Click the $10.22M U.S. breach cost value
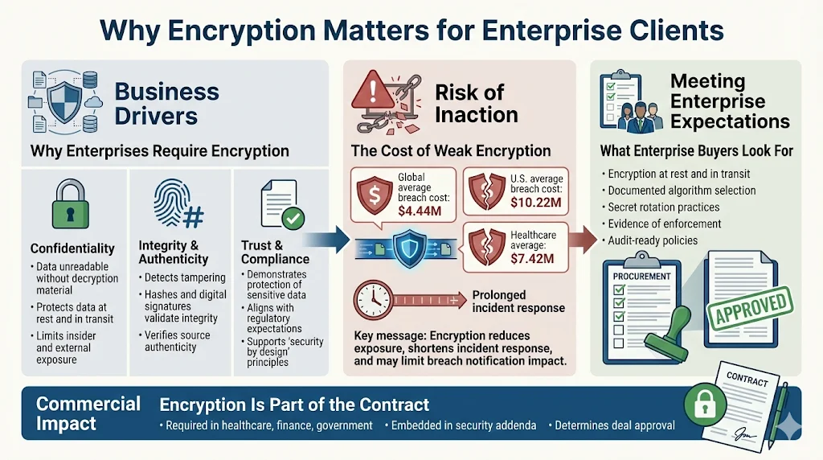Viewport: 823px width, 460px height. click(536, 202)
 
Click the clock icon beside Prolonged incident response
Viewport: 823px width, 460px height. click(374, 299)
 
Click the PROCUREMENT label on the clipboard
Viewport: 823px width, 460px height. click(644, 276)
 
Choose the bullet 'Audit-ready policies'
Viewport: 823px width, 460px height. click(652, 240)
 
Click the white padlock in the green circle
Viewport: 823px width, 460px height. click(700, 401)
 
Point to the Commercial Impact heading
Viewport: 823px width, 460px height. click(88, 413)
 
